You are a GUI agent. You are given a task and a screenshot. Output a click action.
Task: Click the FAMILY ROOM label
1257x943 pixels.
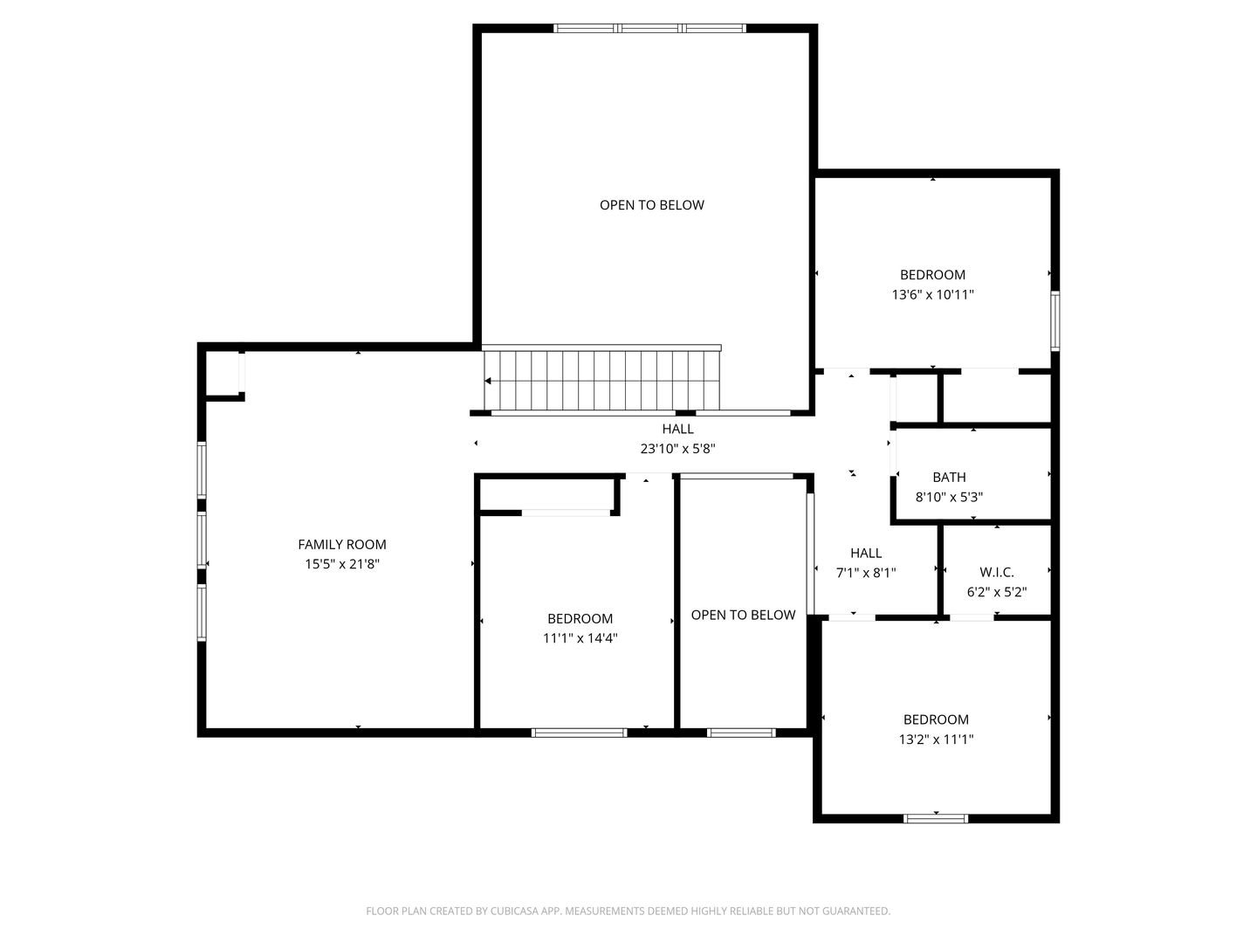[x=342, y=544]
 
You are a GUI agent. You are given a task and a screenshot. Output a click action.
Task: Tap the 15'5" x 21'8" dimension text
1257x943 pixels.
[x=342, y=564]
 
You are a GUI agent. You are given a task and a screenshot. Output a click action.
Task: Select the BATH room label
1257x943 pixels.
[x=949, y=477]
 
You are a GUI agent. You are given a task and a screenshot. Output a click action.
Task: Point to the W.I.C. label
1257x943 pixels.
[x=997, y=572]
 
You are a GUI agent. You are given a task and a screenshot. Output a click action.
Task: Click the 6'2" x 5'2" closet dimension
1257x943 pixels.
[x=997, y=592]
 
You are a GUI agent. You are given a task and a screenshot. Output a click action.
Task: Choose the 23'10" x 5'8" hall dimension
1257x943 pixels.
[x=677, y=448]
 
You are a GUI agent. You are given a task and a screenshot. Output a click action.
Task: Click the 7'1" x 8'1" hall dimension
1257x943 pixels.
[x=866, y=573]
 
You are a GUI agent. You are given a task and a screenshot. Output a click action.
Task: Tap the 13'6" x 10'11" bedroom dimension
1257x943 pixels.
[x=932, y=294]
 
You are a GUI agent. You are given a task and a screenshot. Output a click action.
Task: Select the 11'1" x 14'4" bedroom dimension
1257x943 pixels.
[x=580, y=637]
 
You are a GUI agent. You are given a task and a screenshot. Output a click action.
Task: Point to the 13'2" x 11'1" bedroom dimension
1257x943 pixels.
[x=936, y=740]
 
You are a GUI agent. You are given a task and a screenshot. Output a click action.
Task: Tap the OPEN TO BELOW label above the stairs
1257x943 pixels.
[x=652, y=205]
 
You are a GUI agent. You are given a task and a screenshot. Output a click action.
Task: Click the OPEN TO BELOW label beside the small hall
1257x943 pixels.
[x=743, y=615]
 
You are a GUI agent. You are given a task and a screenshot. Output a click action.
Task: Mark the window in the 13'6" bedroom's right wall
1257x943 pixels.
[x=1054, y=320]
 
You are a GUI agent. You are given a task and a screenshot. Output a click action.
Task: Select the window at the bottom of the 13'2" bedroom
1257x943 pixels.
[x=936, y=819]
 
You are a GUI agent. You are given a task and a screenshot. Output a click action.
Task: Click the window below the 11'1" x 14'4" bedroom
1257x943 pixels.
[x=579, y=733]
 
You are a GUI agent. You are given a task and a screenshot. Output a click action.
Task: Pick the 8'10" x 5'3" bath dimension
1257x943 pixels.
[x=949, y=497]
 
